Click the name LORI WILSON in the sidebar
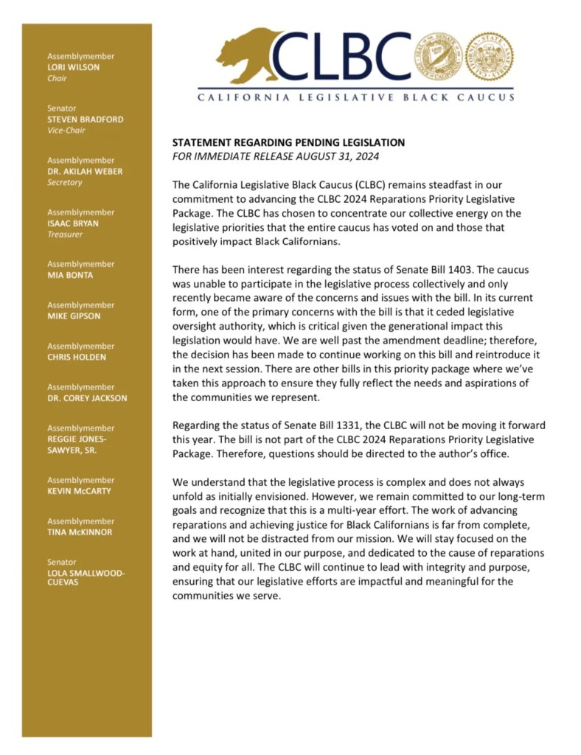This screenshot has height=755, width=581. click(x=74, y=67)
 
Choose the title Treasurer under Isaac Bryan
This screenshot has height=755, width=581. click(x=66, y=234)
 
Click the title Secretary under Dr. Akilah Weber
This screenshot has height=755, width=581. click(x=66, y=182)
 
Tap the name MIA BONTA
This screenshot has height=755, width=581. click(x=69, y=275)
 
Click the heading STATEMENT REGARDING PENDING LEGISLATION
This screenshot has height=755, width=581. click(x=288, y=142)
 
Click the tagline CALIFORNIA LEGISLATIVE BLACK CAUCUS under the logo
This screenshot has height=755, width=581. click(x=355, y=97)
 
